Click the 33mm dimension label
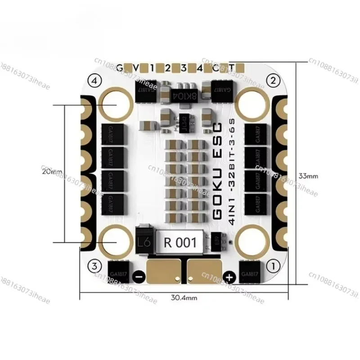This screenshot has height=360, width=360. [x=309, y=176]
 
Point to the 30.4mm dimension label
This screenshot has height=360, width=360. [x=184, y=297]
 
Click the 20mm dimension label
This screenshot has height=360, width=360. [x=51, y=171]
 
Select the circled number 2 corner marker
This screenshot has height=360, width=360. [x=271, y=81]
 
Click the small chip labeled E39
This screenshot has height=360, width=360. [x=216, y=242]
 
